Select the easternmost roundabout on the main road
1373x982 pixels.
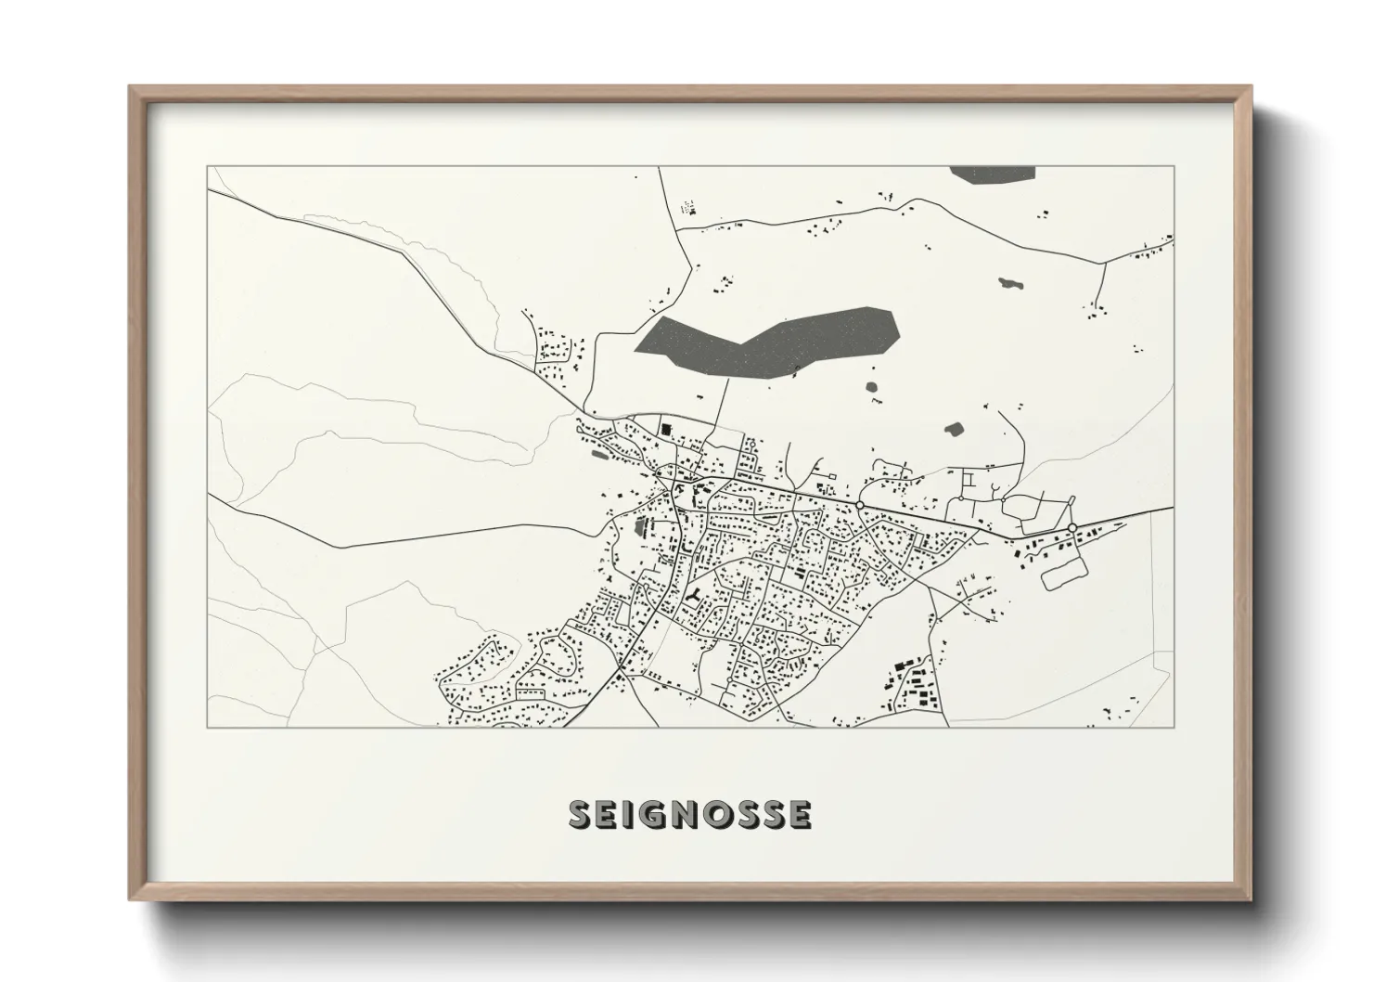(1071, 528)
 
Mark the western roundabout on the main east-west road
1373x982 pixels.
(860, 504)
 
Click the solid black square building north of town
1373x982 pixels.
(665, 429)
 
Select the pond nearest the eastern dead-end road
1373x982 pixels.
(953, 430)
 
